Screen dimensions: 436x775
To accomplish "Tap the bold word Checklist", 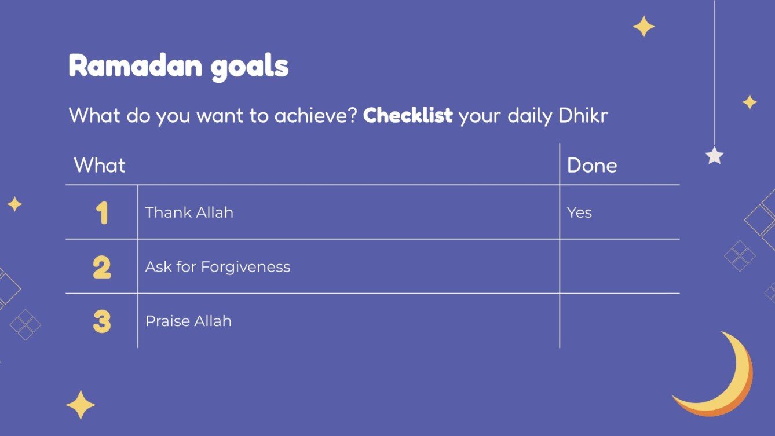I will click(408, 115).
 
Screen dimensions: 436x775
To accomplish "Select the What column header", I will click(100, 166).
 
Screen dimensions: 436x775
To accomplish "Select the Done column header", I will click(592, 166).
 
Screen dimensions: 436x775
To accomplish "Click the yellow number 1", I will click(102, 212).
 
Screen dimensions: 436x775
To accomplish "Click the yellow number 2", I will click(102, 267).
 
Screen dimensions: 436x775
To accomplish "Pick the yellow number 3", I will click(102, 321).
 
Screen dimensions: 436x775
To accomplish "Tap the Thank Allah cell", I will click(189, 212).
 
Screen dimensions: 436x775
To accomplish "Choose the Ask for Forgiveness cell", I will click(218, 267).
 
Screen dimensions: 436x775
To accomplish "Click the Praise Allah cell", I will click(188, 321).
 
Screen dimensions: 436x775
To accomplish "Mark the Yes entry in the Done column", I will click(579, 212).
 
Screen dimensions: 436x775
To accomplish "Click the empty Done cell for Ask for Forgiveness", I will click(619, 266).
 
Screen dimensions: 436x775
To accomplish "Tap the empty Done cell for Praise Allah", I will click(619, 321).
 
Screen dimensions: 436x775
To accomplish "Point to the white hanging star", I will click(714, 155).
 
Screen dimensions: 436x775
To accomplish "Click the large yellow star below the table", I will click(81, 405).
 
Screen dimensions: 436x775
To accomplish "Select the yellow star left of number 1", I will click(14, 204).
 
